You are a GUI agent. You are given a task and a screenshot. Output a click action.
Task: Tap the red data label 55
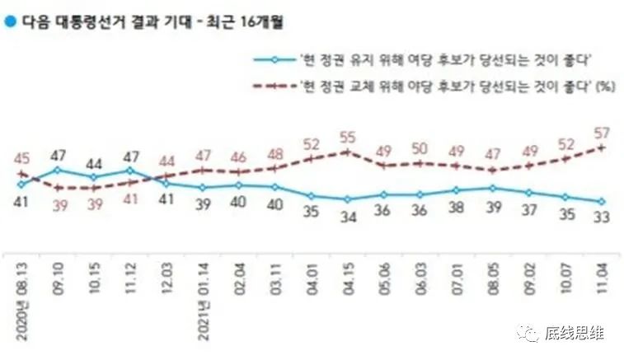(348, 136)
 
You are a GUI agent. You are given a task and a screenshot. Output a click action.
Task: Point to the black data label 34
(348, 217)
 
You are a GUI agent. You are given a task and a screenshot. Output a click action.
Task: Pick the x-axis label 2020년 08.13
(22, 293)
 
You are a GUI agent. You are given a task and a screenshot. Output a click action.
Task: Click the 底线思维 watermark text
(575, 333)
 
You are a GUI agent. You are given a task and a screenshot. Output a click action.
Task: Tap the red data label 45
(22, 158)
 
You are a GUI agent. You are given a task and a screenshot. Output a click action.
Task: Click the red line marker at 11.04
(603, 147)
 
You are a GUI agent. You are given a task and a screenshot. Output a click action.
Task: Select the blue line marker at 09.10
(57, 170)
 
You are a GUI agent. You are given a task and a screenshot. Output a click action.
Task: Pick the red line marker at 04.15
(348, 152)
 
